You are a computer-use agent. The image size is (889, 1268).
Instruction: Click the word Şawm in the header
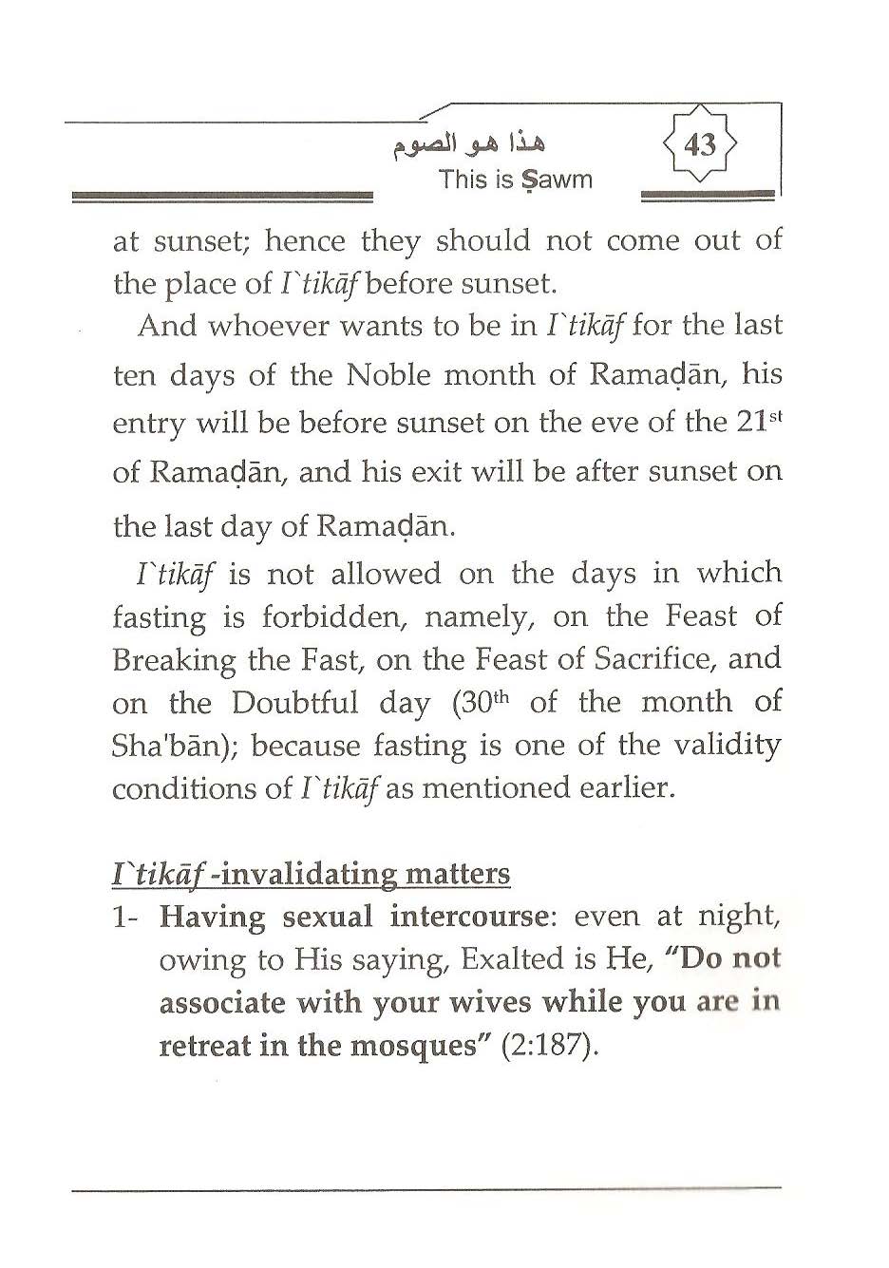pyautogui.click(x=555, y=180)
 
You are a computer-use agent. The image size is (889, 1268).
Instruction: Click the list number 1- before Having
pyautogui.click(x=127, y=918)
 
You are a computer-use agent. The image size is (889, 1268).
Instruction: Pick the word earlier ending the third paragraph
pyautogui.click(x=625, y=788)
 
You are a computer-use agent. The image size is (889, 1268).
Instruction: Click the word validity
pyautogui.click(x=727, y=746)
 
